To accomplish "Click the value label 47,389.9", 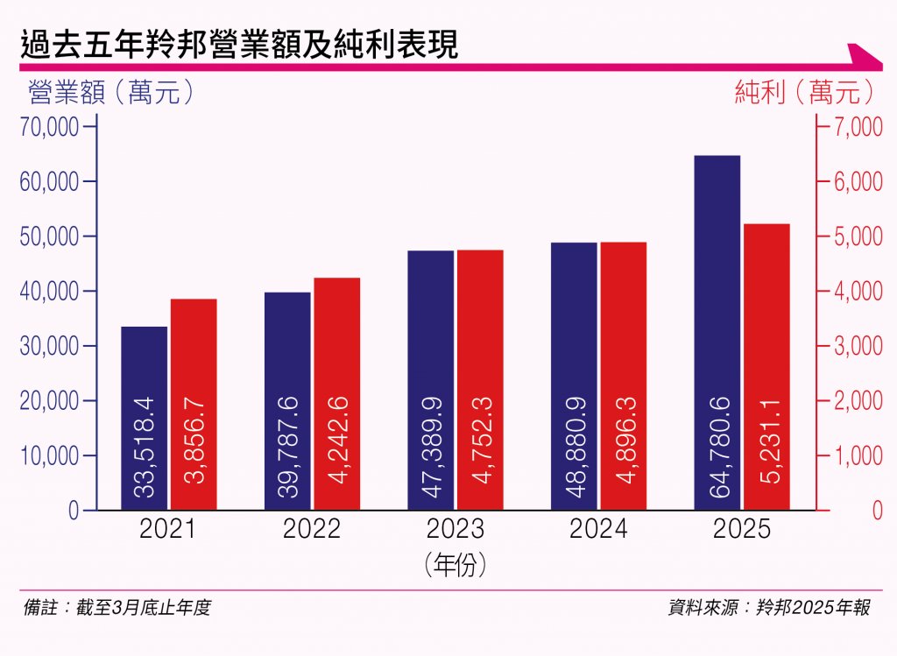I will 432,447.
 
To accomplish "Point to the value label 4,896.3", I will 624,447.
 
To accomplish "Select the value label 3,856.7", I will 194,447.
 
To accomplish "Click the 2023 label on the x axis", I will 456,530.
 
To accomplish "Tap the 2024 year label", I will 598,530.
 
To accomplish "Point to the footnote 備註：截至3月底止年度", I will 117,608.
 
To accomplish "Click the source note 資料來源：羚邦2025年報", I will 769,608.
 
